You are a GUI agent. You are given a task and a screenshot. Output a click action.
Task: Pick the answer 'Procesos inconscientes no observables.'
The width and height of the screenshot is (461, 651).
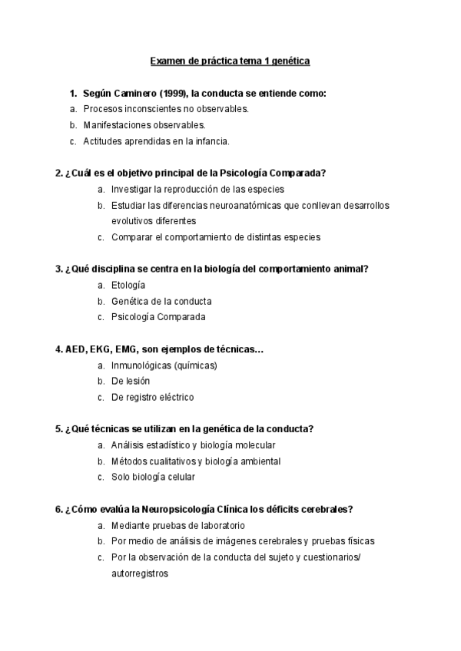[166, 109]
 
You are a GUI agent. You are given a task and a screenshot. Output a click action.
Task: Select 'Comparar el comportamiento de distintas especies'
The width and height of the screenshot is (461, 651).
[216, 236]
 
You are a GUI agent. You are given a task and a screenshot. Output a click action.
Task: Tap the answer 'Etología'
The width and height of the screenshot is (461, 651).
[128, 285]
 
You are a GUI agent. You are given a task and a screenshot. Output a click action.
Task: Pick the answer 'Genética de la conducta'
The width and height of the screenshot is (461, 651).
[161, 301]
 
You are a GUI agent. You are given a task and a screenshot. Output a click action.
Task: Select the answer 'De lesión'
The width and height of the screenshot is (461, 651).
[131, 381]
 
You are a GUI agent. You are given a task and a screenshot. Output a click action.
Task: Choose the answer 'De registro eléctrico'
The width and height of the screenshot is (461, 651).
[153, 397]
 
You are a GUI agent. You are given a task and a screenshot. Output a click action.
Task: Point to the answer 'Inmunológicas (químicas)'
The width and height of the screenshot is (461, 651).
[164, 365]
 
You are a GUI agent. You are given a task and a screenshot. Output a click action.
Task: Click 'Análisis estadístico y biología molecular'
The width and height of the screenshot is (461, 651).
[193, 445]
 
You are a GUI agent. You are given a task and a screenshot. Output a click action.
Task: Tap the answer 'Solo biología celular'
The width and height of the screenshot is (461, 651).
[153, 477]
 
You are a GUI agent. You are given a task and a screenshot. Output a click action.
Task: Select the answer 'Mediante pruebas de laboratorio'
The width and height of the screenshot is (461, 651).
[177, 525]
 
